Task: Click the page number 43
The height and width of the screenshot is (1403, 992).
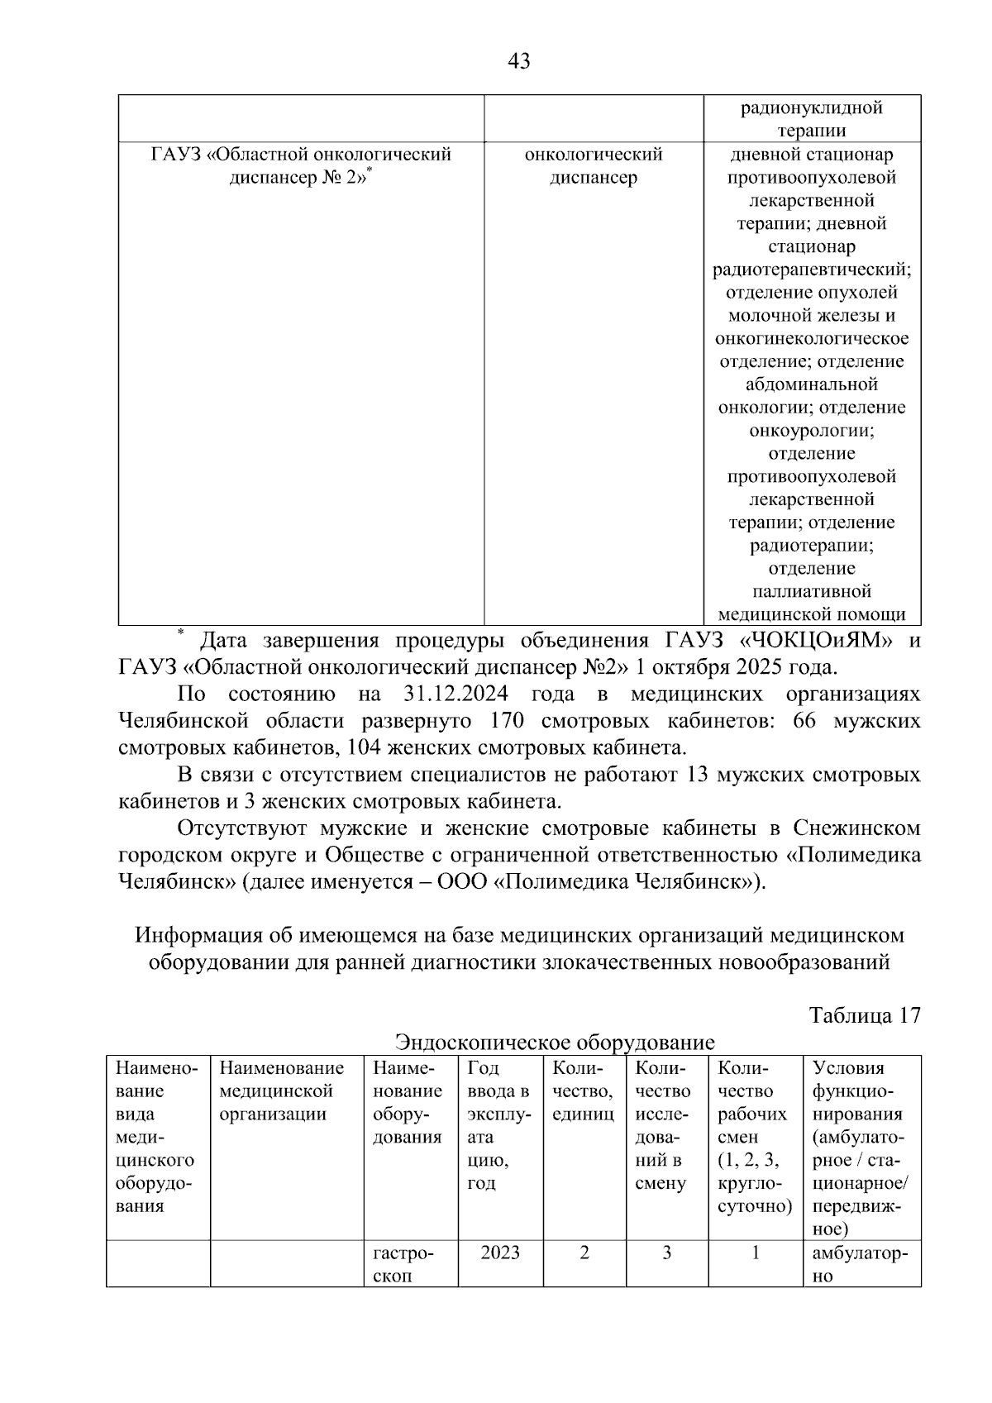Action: (x=519, y=61)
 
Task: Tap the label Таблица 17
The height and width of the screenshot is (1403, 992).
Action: (x=865, y=1015)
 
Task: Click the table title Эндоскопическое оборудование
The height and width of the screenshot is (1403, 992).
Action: (x=554, y=1042)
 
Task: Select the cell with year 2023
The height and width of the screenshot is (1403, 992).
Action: (x=500, y=1253)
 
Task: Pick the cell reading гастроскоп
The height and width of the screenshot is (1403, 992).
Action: (x=410, y=1264)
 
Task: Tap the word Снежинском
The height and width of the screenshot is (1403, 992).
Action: (x=856, y=828)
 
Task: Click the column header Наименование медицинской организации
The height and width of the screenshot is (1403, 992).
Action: (x=282, y=1091)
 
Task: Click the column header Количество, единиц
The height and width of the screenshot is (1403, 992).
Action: (x=583, y=1091)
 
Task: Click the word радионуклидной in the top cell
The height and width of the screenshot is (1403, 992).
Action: (x=811, y=108)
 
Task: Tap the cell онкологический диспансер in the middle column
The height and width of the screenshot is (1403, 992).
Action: (x=594, y=166)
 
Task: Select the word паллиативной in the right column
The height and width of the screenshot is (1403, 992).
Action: (x=811, y=591)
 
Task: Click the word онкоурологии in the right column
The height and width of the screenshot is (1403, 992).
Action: (x=811, y=430)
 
